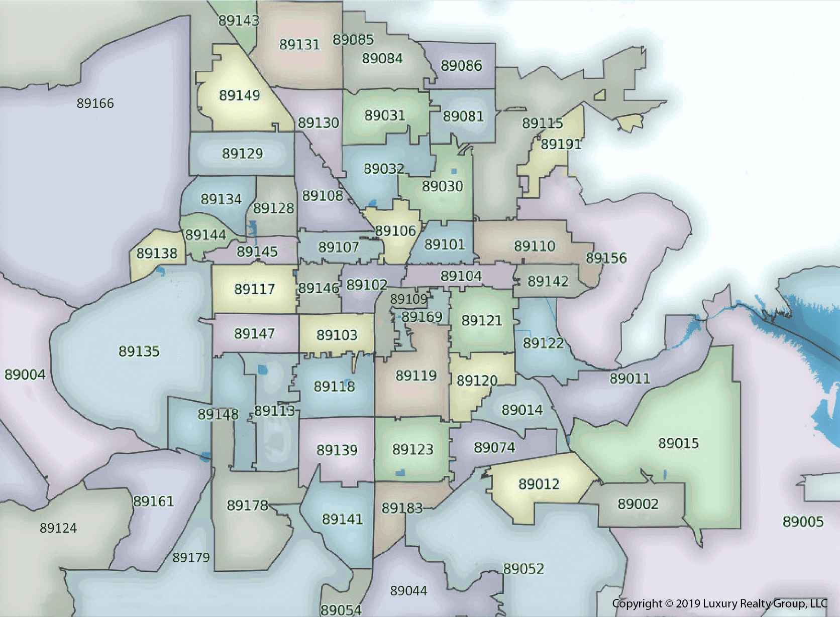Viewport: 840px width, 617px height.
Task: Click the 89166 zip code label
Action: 95,103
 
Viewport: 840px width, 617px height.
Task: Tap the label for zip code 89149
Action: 240,95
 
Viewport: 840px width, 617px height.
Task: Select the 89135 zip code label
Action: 139,351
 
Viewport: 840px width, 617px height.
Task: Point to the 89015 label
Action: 678,443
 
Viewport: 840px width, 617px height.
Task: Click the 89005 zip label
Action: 803,522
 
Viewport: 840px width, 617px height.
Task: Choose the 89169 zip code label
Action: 422,317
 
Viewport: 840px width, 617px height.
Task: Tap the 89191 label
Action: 561,145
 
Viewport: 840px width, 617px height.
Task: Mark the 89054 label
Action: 341,610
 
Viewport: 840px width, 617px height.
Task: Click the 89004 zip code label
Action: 25,375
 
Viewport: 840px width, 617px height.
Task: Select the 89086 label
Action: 461,66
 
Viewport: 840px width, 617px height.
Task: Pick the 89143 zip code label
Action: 239,21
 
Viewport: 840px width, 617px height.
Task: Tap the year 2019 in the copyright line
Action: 688,603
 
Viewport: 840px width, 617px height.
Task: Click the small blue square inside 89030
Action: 454,171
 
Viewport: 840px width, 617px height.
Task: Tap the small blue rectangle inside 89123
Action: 400,472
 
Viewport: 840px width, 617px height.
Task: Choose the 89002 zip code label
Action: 638,504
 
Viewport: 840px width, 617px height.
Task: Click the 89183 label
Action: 402,508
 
